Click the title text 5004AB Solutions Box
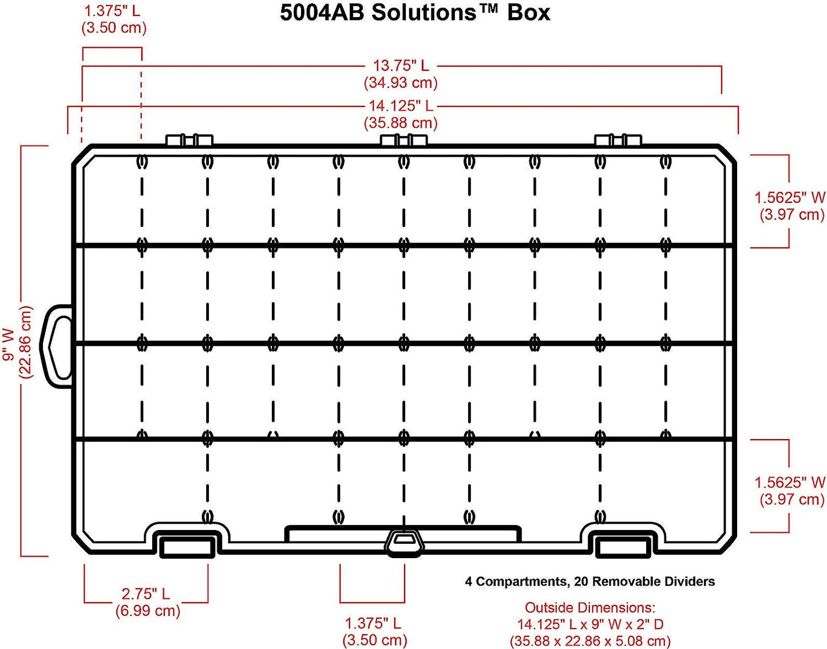(415, 13)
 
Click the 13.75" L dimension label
(401, 66)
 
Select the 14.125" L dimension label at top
(401, 106)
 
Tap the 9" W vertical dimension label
(9, 344)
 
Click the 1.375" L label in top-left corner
(112, 10)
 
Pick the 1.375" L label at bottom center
(373, 623)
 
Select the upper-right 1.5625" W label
(790, 198)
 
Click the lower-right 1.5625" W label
(790, 483)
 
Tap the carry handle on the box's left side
(57, 347)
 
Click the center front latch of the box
(405, 541)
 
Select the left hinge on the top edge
(189, 140)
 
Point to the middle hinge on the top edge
(404, 140)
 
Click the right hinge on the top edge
(618, 140)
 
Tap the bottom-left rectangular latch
(187, 546)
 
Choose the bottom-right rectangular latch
(623, 546)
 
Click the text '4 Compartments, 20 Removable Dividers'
(590, 582)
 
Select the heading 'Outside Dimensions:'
(590, 607)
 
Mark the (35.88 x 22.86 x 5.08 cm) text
(590, 641)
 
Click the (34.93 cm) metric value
(401, 83)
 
